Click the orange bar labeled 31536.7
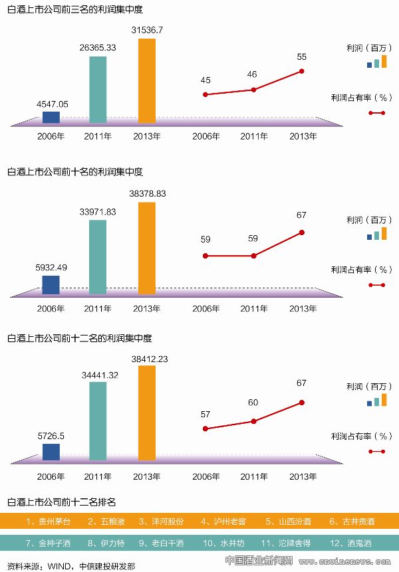click(146, 81)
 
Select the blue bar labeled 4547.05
click(51, 118)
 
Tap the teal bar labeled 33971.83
click(98, 256)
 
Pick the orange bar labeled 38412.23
click(146, 412)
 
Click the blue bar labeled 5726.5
click(51, 452)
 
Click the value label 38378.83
click(148, 193)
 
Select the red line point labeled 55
click(302, 71)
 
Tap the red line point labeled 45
click(205, 94)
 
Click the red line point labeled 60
click(253, 421)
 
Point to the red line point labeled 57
click(205, 429)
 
